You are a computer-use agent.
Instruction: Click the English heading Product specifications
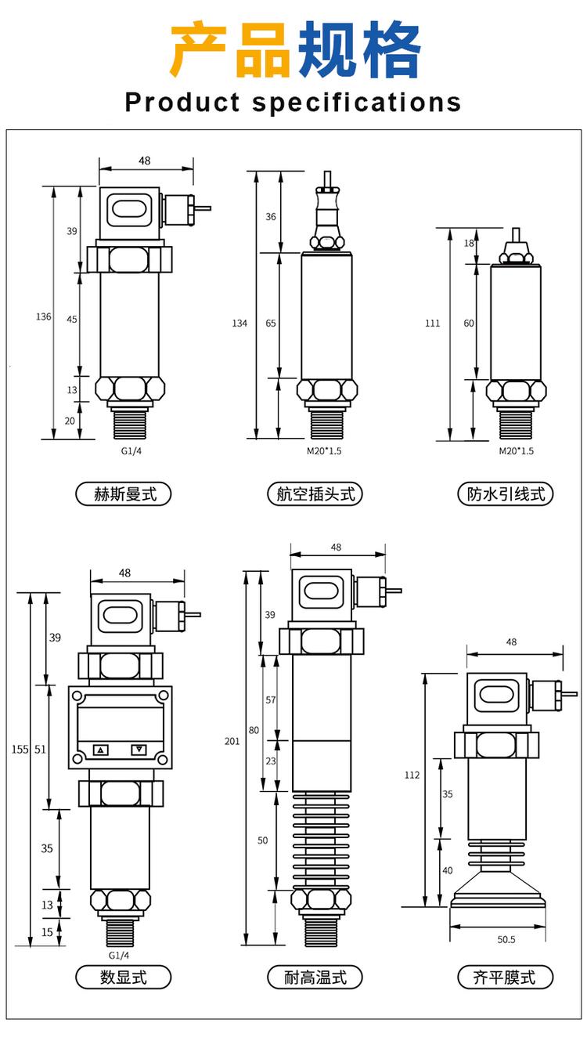point(293,103)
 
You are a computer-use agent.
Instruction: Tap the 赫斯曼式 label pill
point(123,494)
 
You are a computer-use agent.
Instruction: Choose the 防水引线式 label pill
point(506,494)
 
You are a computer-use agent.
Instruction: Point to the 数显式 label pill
point(123,977)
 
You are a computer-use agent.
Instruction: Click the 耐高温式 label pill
point(315,977)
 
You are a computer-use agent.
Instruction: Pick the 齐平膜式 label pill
point(506,977)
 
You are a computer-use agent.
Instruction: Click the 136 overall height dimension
point(44,316)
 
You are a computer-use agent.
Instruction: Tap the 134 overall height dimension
point(239,323)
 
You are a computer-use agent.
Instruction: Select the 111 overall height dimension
point(433,323)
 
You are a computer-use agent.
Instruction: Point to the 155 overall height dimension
point(20,750)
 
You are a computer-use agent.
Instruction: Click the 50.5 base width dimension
point(506,938)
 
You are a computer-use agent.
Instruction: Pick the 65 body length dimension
point(271,323)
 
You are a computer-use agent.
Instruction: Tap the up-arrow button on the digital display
point(100,750)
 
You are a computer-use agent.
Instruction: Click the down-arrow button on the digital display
point(139,750)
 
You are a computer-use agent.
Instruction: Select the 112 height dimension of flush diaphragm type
point(412,775)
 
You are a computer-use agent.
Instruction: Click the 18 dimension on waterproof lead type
point(469,243)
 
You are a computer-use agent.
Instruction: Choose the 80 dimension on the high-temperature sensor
point(254,730)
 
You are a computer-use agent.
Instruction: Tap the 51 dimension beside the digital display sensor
point(41,750)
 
